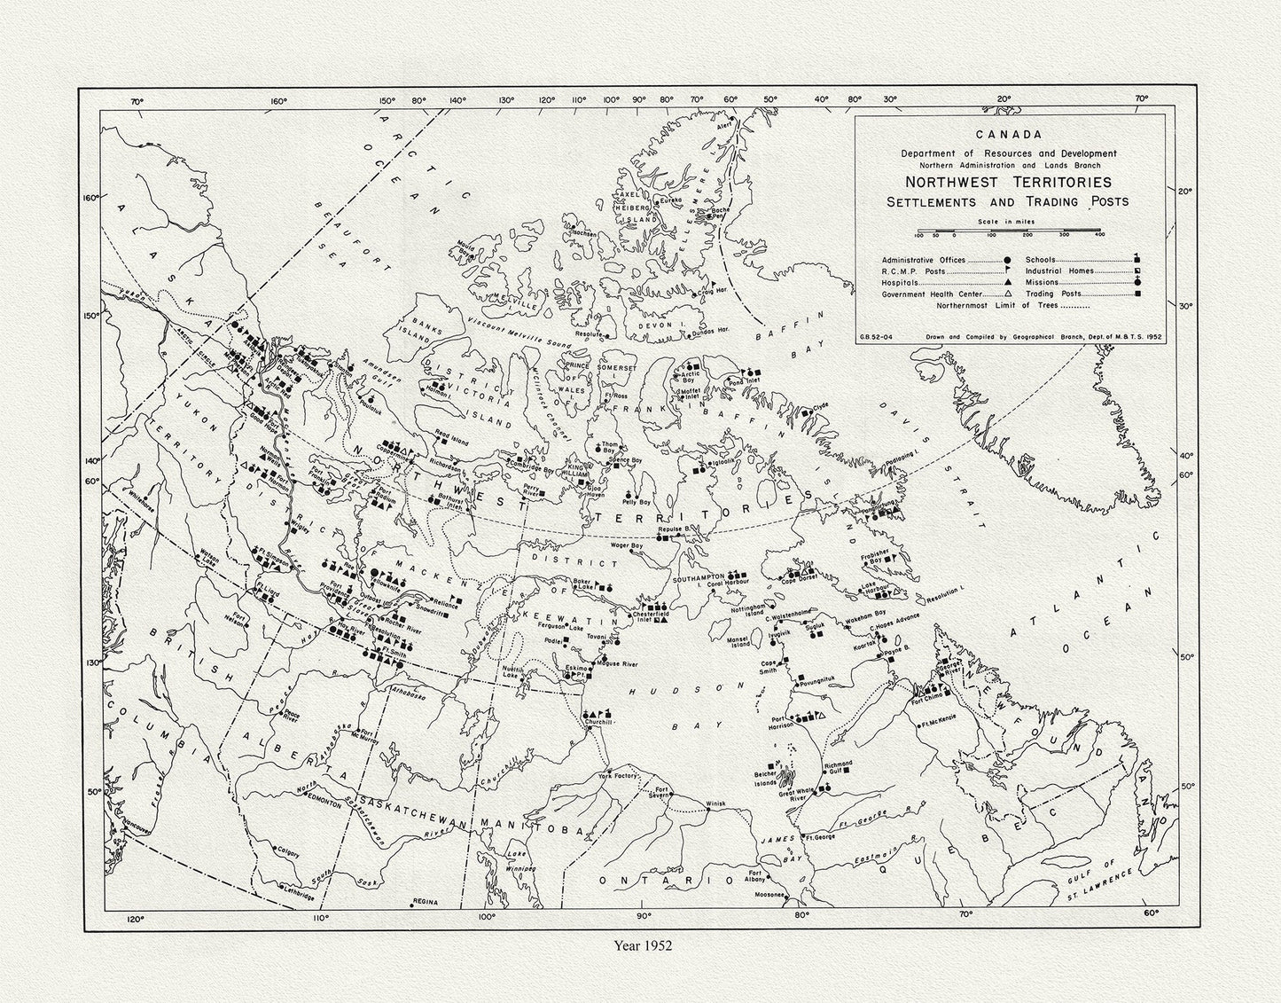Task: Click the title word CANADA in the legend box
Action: [1008, 136]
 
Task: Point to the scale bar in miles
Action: [1008, 234]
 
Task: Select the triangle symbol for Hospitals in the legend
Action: [1007, 281]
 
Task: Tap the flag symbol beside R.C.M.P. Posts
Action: [1007, 270]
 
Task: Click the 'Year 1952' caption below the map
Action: [643, 945]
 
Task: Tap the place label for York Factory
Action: [617, 776]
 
